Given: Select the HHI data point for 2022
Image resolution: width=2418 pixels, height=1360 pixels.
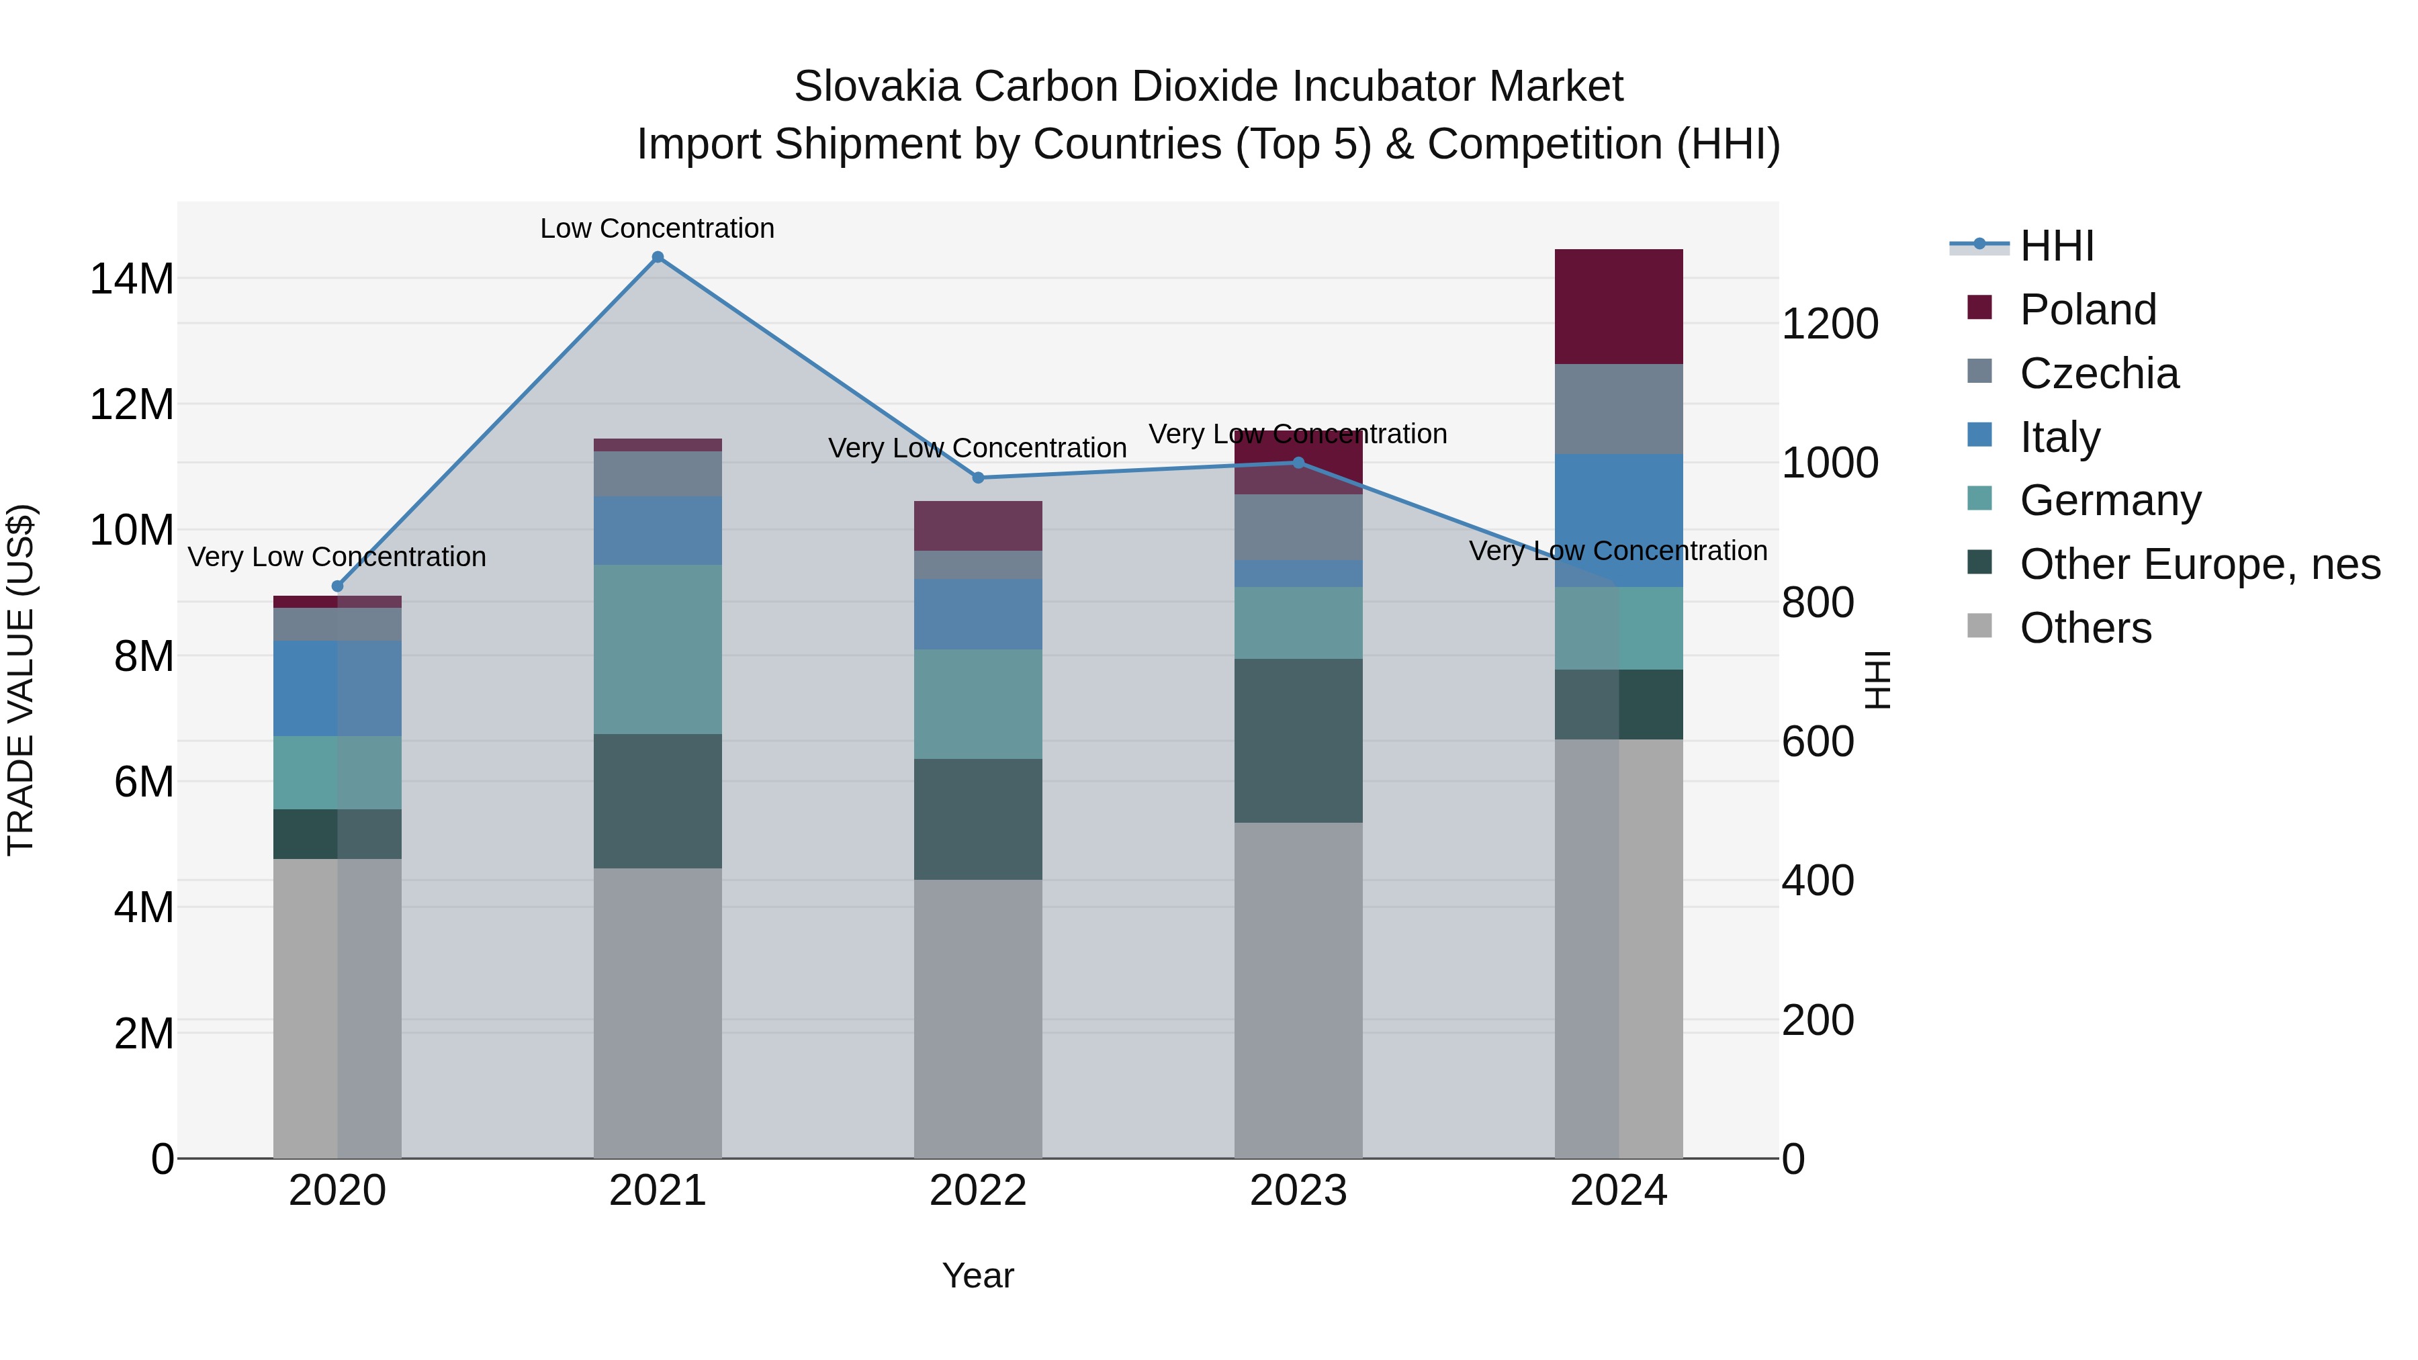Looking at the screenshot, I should coord(978,478).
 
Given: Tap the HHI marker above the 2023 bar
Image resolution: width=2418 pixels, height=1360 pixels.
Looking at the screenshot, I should coord(1298,463).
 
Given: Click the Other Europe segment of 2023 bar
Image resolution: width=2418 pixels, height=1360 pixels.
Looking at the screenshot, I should coord(1298,741).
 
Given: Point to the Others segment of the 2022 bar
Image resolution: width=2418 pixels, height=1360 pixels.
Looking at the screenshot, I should coord(978,1017).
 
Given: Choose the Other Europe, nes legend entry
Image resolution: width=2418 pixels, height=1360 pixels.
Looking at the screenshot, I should coord(2199,564).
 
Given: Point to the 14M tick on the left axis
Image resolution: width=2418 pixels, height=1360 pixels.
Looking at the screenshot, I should coord(132,279).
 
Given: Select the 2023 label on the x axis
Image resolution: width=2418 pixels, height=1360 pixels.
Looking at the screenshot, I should coord(1298,1191).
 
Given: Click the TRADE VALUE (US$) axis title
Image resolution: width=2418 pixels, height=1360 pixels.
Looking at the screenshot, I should coord(21,680).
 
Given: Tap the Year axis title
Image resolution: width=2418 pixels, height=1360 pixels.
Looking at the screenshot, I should coord(978,1275).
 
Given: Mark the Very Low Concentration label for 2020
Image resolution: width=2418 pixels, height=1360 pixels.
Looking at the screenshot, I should coord(337,557).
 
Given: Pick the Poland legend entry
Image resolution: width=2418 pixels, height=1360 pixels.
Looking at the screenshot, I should coord(2088,310).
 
